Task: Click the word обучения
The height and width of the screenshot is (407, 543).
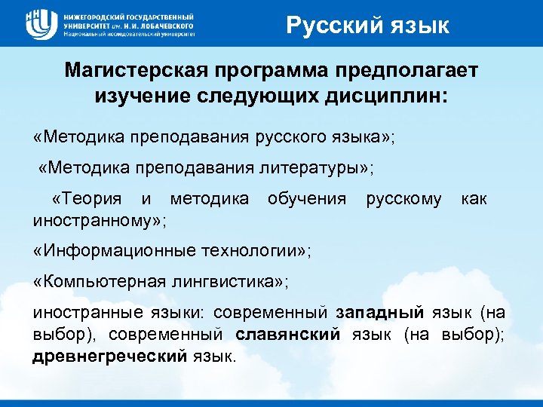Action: (x=307, y=199)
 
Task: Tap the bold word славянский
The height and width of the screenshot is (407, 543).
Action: (x=287, y=333)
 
